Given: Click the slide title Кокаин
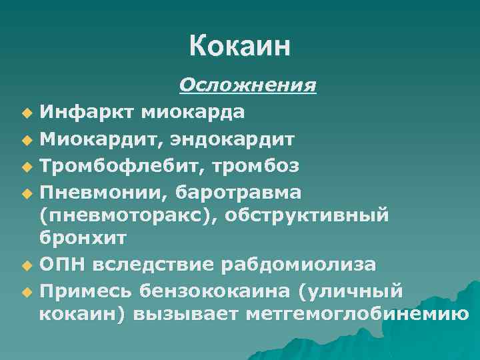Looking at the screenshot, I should coord(240,47).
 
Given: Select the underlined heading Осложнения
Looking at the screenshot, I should coord(247,85).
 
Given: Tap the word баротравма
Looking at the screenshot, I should coord(238,191).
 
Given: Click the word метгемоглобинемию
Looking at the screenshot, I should coord(357,313).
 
